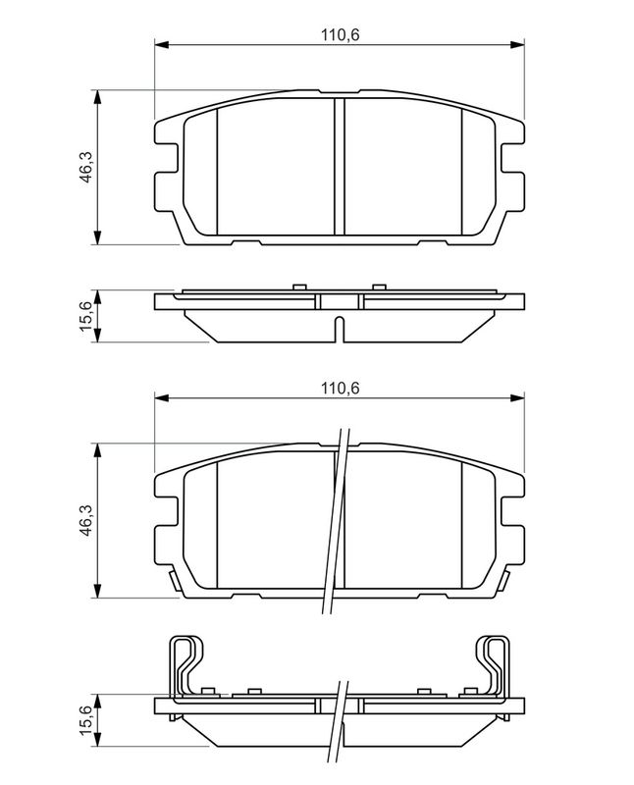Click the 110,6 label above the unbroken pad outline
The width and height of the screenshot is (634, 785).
click(340, 35)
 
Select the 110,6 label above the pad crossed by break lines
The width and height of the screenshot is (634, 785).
click(340, 388)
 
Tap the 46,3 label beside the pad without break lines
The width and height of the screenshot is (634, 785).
click(86, 167)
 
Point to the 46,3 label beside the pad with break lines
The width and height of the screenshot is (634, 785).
click(86, 520)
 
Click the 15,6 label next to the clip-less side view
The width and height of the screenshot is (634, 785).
click(86, 315)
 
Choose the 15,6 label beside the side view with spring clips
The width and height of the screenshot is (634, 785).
click(86, 719)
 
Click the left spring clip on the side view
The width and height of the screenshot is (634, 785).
click(186, 667)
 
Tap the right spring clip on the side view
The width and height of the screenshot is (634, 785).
click(492, 667)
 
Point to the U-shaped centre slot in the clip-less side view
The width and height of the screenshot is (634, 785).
click(339, 330)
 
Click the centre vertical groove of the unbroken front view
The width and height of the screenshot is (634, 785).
click(340, 166)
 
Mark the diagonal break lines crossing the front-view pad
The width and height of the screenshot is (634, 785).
click(335, 521)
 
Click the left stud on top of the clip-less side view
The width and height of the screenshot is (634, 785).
click(299, 287)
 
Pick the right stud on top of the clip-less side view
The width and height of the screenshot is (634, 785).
click(379, 287)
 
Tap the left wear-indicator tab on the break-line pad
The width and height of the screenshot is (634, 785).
click(175, 581)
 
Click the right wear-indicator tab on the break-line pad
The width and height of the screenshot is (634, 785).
click(503, 581)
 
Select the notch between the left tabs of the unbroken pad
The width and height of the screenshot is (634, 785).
click(167, 159)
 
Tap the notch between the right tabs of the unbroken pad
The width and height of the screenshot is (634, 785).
click(512, 159)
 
